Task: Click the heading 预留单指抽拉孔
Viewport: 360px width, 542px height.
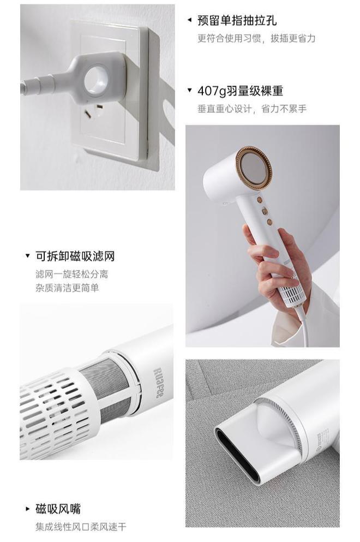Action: (x=237, y=21)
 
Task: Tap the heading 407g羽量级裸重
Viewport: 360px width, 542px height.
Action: (x=240, y=91)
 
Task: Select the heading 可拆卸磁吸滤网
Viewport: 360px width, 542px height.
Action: (x=75, y=256)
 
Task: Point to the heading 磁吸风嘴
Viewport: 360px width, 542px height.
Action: (x=58, y=509)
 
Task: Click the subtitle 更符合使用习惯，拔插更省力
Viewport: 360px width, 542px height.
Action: (x=256, y=39)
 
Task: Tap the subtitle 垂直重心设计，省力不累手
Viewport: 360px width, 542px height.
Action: (x=251, y=109)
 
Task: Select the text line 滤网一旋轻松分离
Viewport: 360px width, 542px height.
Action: (x=71, y=274)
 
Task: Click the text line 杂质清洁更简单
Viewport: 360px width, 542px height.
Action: (x=67, y=288)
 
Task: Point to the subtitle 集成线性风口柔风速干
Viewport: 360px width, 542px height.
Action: (x=80, y=527)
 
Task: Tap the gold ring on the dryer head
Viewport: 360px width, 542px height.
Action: (x=254, y=168)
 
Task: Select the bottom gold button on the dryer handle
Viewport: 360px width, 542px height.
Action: (x=269, y=222)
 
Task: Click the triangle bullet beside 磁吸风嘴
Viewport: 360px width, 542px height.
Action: (x=28, y=509)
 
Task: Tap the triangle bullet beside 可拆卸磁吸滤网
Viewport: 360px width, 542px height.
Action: (x=28, y=256)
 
